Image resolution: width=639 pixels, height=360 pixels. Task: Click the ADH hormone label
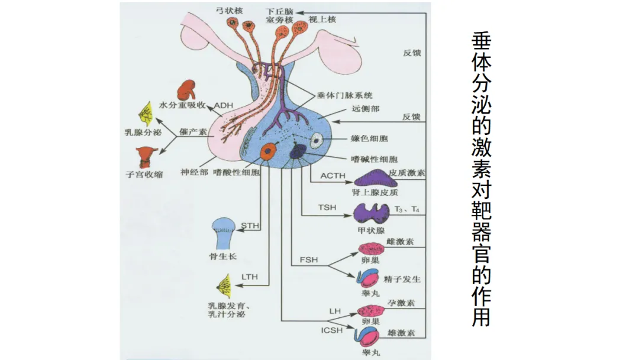pyautogui.click(x=223, y=105)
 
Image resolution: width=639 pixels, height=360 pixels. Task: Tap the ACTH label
pyautogui.click(x=333, y=176)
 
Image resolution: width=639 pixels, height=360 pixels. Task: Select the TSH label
pyautogui.click(x=327, y=207)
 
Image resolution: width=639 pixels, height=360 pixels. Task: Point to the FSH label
pyautogui.click(x=308, y=260)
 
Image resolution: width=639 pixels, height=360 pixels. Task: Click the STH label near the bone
pyautogui.click(x=250, y=226)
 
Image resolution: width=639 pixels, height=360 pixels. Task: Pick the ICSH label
pyautogui.click(x=332, y=330)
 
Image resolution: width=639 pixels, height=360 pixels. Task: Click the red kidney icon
pyautogui.click(x=186, y=90)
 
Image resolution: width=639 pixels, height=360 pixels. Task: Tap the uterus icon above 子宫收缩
pyautogui.click(x=146, y=157)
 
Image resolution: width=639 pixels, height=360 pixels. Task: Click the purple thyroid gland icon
pyautogui.click(x=371, y=214)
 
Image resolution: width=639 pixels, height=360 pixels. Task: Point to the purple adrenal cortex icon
pyautogui.click(x=375, y=179)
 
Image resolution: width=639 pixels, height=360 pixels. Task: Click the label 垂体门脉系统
pyautogui.click(x=345, y=95)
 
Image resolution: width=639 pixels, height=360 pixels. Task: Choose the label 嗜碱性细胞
pyautogui.click(x=374, y=159)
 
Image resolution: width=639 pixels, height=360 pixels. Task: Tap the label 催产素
pyautogui.click(x=193, y=131)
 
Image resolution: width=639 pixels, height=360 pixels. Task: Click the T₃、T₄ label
pyautogui.click(x=406, y=210)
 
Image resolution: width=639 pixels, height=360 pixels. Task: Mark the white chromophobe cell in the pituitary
pyautogui.click(x=317, y=141)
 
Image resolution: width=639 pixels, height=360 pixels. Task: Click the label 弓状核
pyautogui.click(x=230, y=11)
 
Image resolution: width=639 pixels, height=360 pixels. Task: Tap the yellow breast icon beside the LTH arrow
pyautogui.click(x=224, y=286)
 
